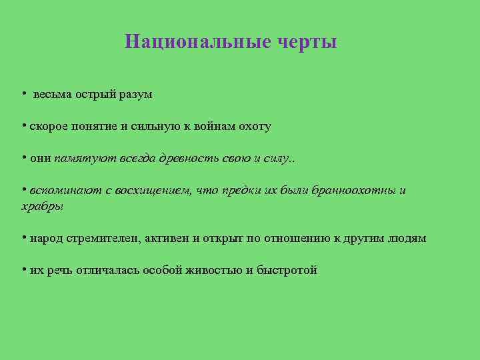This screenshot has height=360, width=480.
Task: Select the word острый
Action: point(96,95)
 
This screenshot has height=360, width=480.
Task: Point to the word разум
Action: point(136,95)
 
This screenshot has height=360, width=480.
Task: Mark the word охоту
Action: point(253,127)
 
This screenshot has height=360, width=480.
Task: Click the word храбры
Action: point(43,206)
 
